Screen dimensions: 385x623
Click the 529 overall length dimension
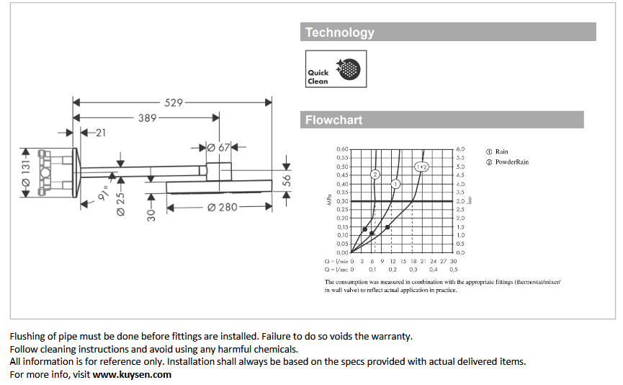(x=174, y=103)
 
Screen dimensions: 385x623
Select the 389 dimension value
(x=148, y=118)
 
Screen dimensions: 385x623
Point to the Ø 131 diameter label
(x=27, y=173)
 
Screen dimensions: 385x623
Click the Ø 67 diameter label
(x=218, y=148)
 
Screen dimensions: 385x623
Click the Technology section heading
(x=340, y=32)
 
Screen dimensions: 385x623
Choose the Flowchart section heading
(x=334, y=120)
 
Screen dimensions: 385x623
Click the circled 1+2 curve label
(x=421, y=167)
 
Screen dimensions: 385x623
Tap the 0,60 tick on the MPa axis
(x=342, y=149)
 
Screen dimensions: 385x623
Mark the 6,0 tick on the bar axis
(x=460, y=149)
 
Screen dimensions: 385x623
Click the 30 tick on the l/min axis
(x=453, y=260)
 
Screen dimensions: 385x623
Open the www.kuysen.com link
(x=132, y=374)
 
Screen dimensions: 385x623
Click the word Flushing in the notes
(x=27, y=336)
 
